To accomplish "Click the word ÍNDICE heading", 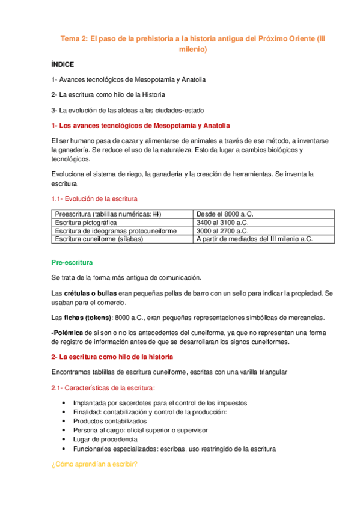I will click(x=63, y=63).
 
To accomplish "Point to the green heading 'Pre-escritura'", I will click(x=72, y=263).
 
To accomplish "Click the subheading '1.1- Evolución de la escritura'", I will click(x=94, y=198).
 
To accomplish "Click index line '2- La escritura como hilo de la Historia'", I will click(x=108, y=94).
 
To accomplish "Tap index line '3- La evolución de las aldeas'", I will click(x=127, y=110).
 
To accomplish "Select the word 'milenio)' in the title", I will click(x=193, y=49).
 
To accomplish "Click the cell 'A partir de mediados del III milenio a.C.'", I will click(x=255, y=239).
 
